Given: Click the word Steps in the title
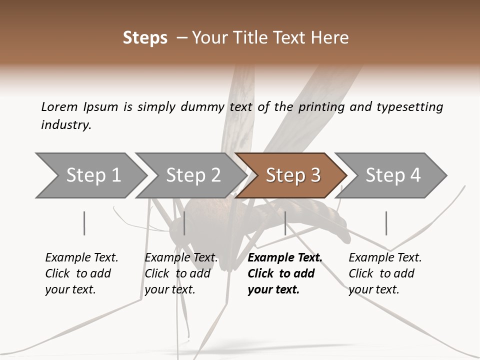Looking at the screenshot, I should coord(145,38).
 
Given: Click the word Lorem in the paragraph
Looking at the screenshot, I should coord(59,107).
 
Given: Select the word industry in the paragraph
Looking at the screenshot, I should coord(65,125).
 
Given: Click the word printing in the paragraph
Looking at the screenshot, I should coord(320,107).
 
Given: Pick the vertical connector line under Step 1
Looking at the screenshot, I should coord(84,223).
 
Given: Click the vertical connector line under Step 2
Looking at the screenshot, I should coord(184,223).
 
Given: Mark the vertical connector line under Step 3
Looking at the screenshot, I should coord(285,223).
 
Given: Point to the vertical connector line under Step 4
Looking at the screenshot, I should coord(386,223).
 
